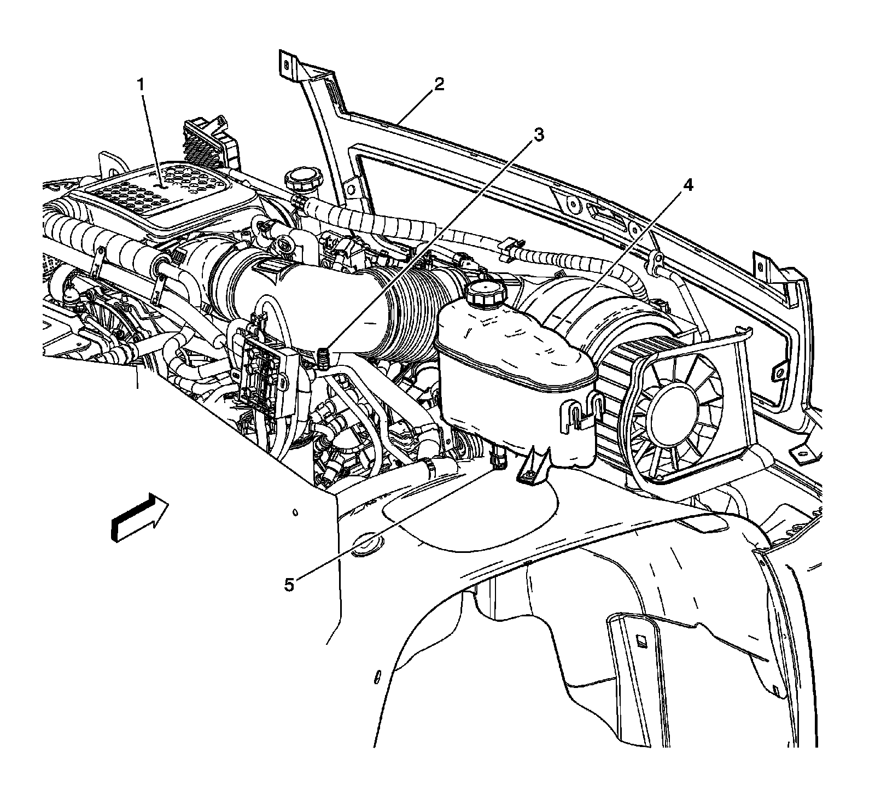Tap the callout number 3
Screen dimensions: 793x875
click(x=539, y=135)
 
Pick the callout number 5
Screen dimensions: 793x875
click(x=289, y=585)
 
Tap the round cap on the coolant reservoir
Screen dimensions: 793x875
click(x=485, y=293)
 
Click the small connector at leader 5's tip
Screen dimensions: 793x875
click(x=498, y=458)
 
